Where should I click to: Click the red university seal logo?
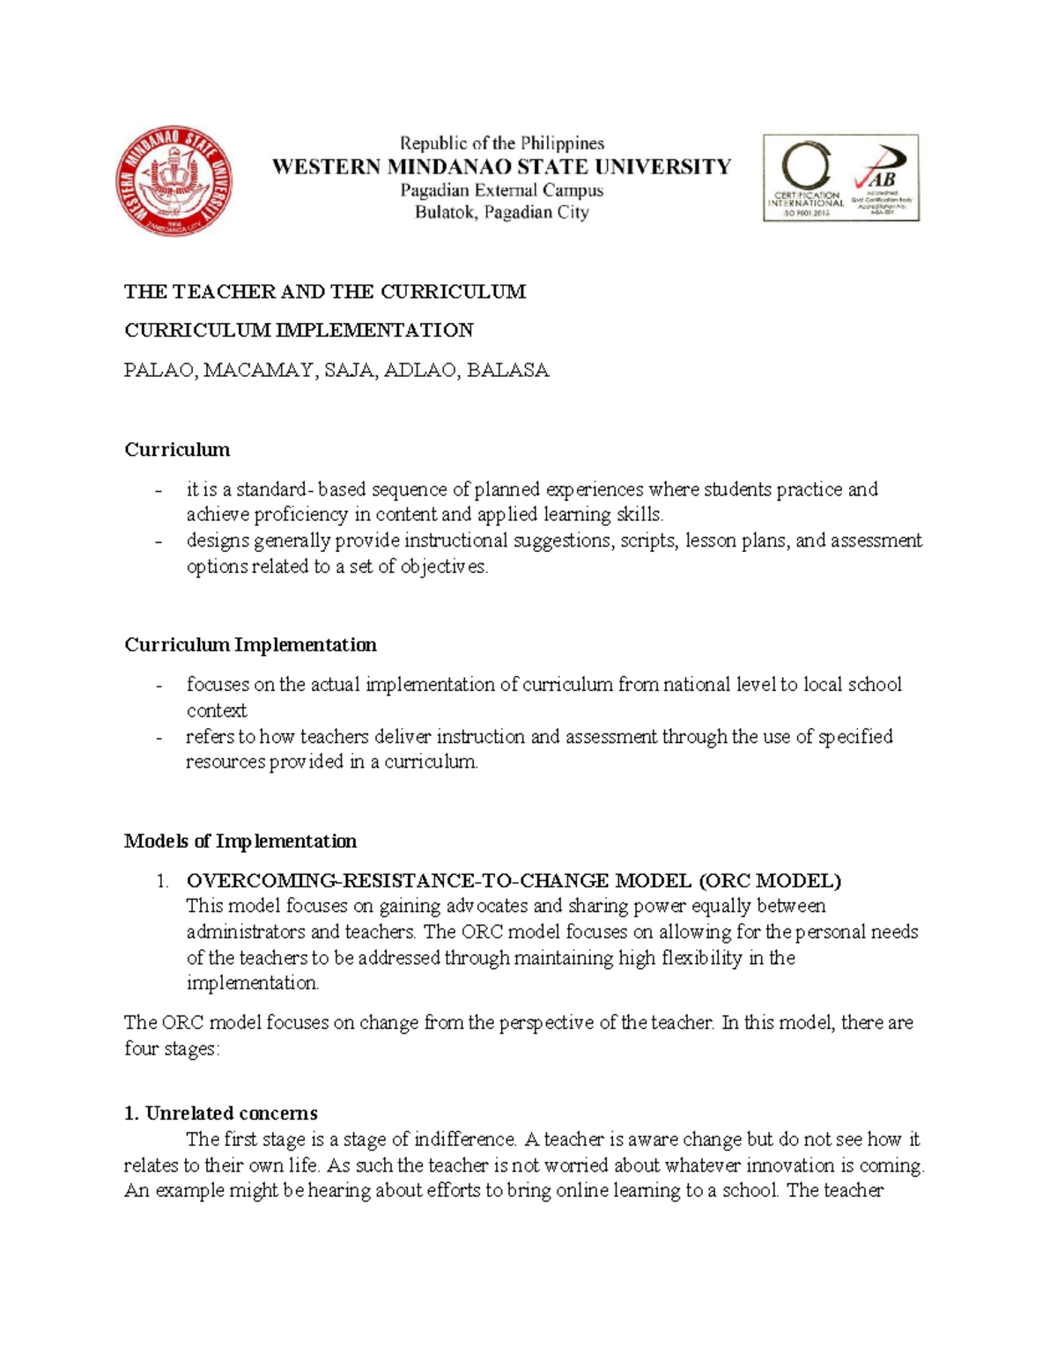174,180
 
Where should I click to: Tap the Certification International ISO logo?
805,178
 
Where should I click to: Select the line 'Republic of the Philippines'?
502,143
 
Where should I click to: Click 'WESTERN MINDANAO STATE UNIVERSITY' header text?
501,166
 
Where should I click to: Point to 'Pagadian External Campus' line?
501,190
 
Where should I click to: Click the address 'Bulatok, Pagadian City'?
501,212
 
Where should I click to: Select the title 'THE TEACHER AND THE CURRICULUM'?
324,291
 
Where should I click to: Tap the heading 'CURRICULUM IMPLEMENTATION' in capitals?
299,330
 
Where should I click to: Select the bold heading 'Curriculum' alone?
177,450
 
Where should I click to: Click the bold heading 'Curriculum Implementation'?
250,645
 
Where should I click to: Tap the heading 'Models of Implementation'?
240,842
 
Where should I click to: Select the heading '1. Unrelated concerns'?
221,1113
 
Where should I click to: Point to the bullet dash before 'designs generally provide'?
159,541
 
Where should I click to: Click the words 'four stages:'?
171,1049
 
